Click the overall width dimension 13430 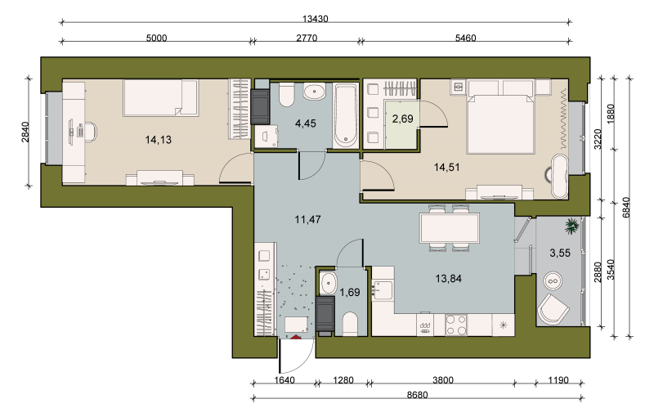pos(316,19)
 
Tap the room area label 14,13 pos(158,140)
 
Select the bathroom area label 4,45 pos(305,123)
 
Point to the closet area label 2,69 pos(402,119)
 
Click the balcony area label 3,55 pos(560,253)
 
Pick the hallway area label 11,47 pos(308,219)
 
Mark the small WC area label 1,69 pos(350,293)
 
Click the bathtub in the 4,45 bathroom pos(345,115)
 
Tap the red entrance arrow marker pos(295,337)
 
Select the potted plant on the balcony pos(571,226)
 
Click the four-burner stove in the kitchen pos(456,325)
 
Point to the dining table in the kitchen pos(449,227)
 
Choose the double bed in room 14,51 pos(501,123)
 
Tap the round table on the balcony pos(553,281)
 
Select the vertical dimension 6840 pos(626,207)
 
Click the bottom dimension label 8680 pos(417,394)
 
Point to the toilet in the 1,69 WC pos(350,325)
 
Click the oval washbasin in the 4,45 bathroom pos(314,92)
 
